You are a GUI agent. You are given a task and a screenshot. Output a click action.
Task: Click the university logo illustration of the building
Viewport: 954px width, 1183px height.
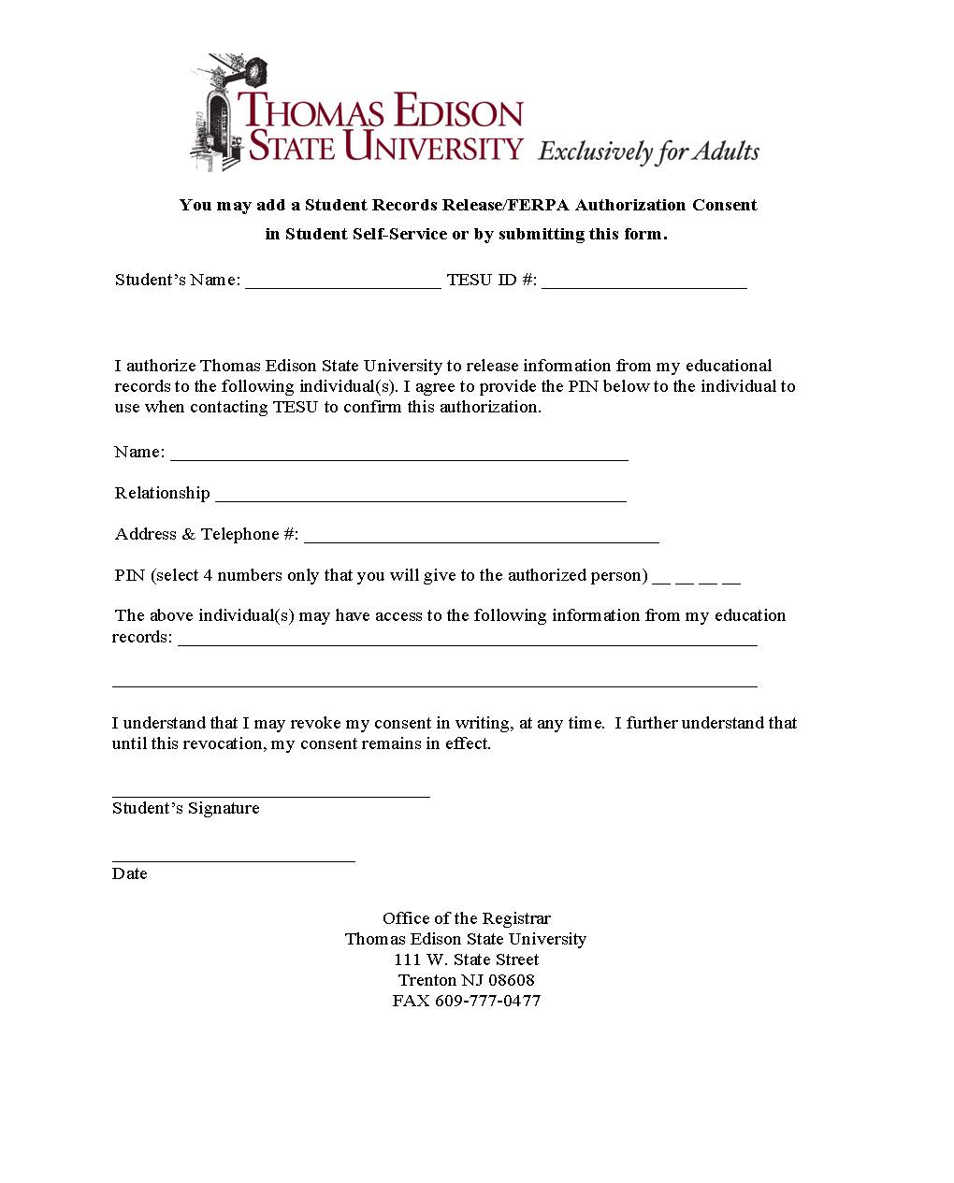217,115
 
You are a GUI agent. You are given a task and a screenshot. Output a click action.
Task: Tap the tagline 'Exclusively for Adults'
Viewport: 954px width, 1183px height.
648,151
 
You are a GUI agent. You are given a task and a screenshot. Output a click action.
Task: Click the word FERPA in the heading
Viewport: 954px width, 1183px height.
539,205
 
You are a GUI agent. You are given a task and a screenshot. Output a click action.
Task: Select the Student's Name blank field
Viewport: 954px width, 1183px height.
342,282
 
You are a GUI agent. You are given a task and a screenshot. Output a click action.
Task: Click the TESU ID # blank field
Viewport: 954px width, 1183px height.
643,282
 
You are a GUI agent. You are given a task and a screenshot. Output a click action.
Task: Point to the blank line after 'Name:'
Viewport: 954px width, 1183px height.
398,454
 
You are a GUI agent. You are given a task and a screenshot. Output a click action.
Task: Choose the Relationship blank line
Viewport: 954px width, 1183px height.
420,496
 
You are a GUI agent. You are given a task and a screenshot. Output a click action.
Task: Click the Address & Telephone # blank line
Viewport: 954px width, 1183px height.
481,537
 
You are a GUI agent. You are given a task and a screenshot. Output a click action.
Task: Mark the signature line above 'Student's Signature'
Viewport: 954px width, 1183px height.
270,792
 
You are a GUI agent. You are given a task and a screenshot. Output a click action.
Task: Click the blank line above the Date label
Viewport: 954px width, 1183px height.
233,857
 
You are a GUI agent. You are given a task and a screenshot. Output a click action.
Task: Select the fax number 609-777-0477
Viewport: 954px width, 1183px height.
487,1001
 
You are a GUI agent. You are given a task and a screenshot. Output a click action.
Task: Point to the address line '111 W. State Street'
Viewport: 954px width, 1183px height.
466,959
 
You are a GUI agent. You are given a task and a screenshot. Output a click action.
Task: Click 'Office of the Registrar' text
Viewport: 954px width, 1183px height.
466,918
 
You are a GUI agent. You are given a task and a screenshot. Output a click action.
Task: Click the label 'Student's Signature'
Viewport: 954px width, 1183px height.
185,808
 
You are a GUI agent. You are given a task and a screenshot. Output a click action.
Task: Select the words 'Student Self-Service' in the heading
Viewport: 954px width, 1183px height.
366,234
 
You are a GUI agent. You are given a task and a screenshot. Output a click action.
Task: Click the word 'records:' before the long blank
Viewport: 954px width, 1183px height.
142,638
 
